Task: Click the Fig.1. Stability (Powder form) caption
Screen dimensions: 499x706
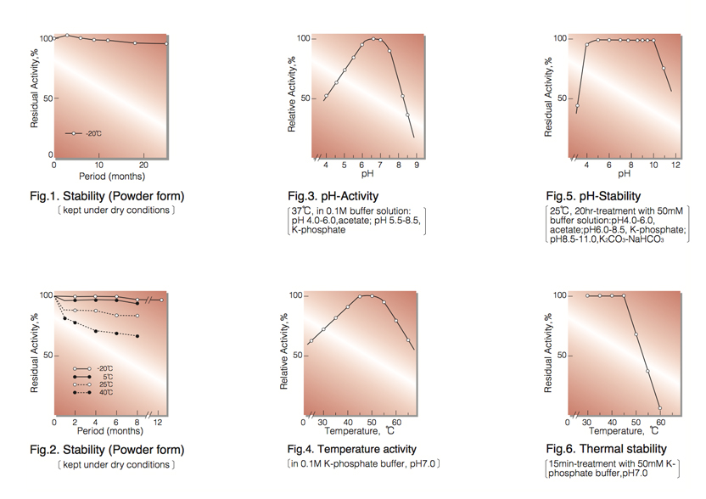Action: point(112,196)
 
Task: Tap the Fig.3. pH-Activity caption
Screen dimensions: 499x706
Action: point(333,196)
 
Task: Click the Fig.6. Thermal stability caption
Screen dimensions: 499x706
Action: point(606,449)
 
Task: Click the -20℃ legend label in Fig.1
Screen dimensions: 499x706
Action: point(93,133)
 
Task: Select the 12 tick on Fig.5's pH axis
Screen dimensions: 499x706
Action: point(675,165)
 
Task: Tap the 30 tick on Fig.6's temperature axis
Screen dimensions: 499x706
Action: point(587,421)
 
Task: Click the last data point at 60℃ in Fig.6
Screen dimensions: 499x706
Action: point(659,407)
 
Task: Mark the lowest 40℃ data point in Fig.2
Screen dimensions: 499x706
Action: point(137,336)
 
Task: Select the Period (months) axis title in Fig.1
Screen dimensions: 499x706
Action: point(112,177)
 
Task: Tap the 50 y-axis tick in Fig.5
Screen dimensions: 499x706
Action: point(560,98)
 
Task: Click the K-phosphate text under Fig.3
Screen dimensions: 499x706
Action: point(318,230)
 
